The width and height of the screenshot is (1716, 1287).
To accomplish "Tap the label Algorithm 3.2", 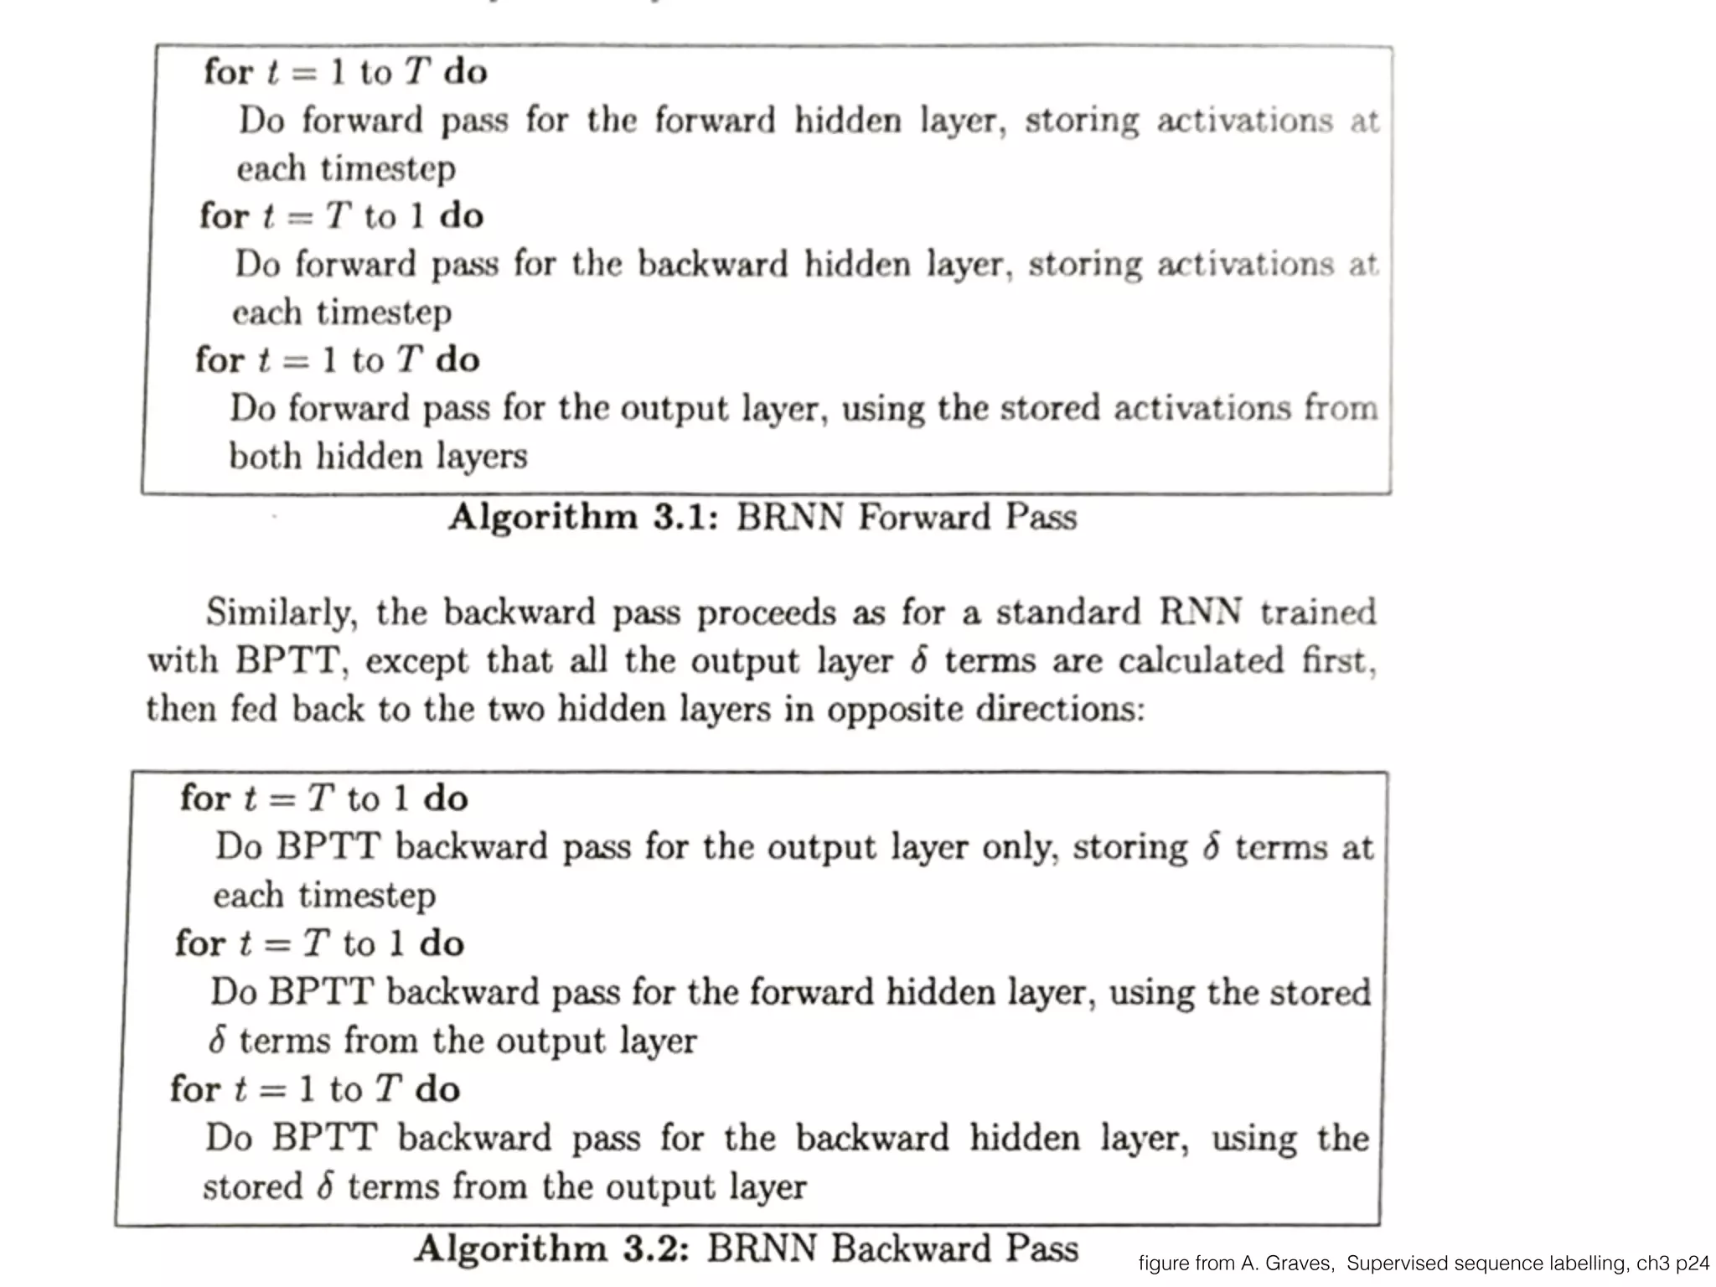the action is coord(551,1248).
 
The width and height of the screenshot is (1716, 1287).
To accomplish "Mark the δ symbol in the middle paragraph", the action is coord(919,661).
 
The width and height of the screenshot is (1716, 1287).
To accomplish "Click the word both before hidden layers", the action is coord(265,457).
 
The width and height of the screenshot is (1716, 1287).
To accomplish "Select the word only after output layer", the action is coord(1016,847).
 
